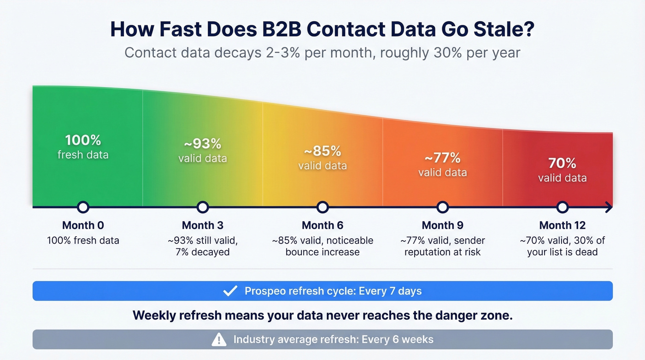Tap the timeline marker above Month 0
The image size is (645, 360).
pos(83,207)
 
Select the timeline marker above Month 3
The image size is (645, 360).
pos(203,207)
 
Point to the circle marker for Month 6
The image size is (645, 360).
pos(322,207)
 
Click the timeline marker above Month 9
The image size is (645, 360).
pos(442,207)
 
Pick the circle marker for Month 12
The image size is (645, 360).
pos(562,207)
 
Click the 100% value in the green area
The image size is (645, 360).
pos(83,140)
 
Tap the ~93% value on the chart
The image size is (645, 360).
pos(203,144)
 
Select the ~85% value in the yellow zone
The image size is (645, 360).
pos(322,151)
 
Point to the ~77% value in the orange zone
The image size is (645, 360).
pos(442,158)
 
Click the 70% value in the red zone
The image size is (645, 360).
pos(562,163)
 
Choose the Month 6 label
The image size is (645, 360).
pos(322,225)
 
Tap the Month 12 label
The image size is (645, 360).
pos(562,225)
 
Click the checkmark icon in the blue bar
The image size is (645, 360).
pos(230,291)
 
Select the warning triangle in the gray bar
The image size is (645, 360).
pos(218,340)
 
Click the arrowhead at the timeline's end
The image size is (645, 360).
pos(609,207)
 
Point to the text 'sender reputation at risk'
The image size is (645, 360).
pos(442,246)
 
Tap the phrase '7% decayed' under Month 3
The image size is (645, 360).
pos(203,252)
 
